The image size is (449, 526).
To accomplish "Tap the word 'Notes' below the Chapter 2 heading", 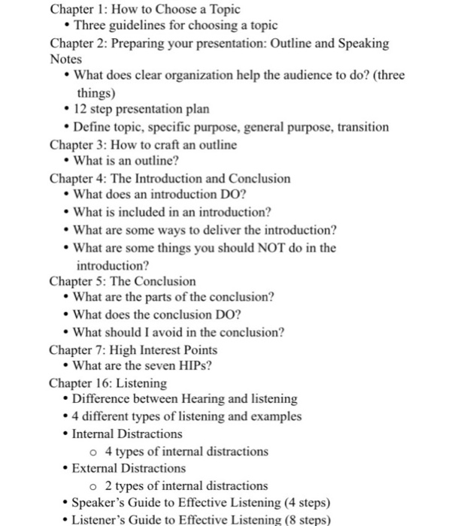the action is [x=65, y=58].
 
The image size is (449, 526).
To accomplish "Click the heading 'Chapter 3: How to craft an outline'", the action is [x=143, y=144].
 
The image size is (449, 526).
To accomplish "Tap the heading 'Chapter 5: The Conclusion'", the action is [x=122, y=281].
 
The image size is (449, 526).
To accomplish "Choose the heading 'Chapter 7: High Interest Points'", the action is [x=133, y=349].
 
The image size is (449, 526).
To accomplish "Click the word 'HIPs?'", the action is [x=196, y=366].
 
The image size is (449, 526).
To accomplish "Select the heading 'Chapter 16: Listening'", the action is [x=108, y=382].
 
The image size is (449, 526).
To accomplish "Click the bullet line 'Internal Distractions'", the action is [x=127, y=434].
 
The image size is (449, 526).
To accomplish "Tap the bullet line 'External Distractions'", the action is [x=129, y=468].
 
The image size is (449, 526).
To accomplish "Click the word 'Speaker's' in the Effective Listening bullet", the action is [x=98, y=503].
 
